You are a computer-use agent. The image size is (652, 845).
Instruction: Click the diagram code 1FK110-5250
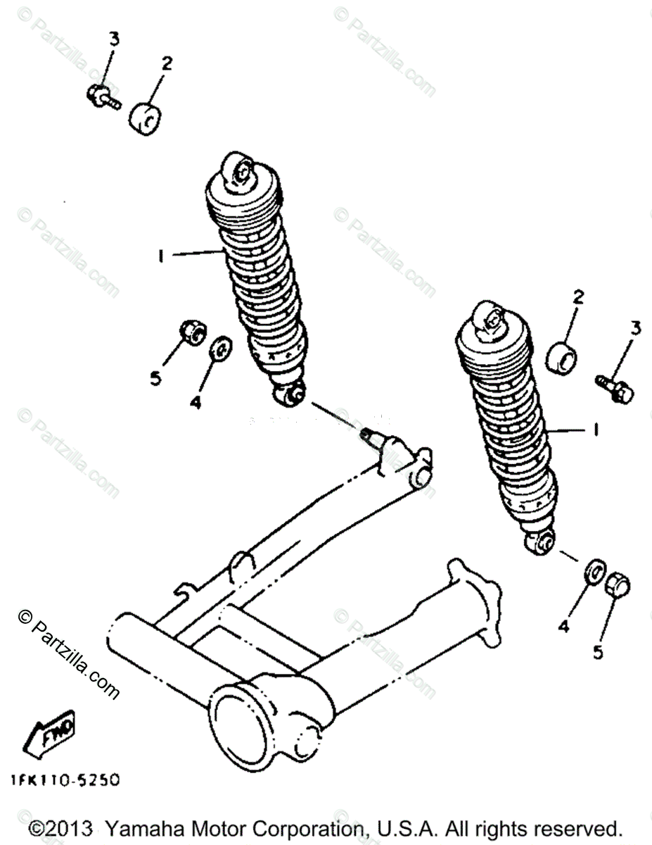click(x=65, y=780)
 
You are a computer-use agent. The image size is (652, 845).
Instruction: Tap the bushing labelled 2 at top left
click(x=145, y=117)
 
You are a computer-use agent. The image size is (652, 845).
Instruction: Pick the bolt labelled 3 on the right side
click(x=614, y=389)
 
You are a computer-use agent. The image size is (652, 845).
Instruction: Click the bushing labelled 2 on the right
click(x=561, y=357)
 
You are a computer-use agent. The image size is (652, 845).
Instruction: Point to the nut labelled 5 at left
click(x=191, y=332)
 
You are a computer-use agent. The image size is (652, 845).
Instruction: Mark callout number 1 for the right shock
click(x=595, y=430)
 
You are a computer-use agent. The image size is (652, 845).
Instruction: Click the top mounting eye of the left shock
click(x=237, y=170)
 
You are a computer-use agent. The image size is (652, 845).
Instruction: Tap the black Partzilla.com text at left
click(x=67, y=654)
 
